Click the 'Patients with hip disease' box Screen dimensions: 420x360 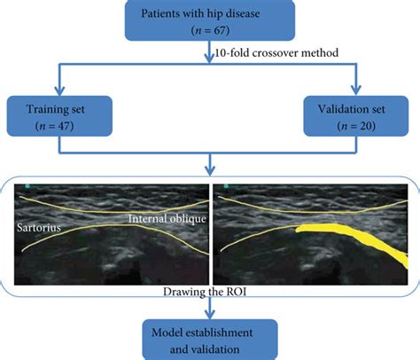pyautogui.click(x=210, y=20)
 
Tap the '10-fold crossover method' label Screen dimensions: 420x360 pyautogui.click(x=276, y=53)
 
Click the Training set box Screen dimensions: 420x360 pyautogui.click(x=59, y=116)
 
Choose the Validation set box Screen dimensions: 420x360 pyautogui.click(x=356, y=116)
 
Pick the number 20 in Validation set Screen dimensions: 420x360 pyautogui.click(x=365, y=126)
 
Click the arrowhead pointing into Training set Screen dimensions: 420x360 pyautogui.click(x=59, y=90)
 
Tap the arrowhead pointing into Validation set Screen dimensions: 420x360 pyautogui.click(x=356, y=90)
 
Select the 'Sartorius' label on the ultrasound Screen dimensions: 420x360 pyautogui.click(x=39, y=228)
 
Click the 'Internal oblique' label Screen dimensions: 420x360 pyautogui.click(x=167, y=219)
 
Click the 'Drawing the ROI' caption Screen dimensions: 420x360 pyautogui.click(x=205, y=292)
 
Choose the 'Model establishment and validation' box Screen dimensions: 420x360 pyautogui.click(x=210, y=340)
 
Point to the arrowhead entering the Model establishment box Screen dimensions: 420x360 pyautogui.click(x=210, y=314)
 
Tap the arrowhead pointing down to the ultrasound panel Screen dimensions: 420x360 pyautogui.click(x=210, y=171)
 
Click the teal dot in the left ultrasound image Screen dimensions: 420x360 pyautogui.click(x=27, y=186)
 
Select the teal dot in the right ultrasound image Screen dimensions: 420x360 pyautogui.click(x=226, y=186)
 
